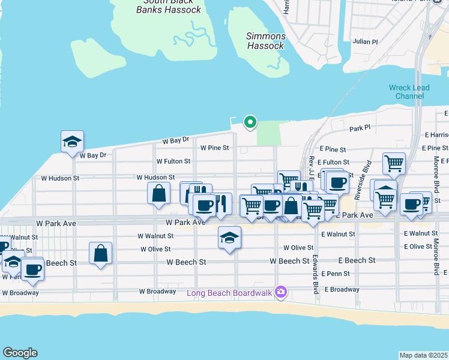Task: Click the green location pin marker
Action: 250,122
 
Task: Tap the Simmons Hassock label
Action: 265,41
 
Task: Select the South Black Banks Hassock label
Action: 169,6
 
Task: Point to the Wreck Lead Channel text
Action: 409,92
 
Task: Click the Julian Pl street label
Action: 366,42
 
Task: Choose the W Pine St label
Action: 215,148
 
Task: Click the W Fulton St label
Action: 173,161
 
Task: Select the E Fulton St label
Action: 334,162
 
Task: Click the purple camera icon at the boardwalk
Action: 280,292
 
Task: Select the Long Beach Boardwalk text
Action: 229,293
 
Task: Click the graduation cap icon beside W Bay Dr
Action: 73,142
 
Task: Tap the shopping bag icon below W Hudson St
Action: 158,193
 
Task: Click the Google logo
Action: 20,353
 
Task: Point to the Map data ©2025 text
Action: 424,355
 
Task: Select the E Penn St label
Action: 334,274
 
